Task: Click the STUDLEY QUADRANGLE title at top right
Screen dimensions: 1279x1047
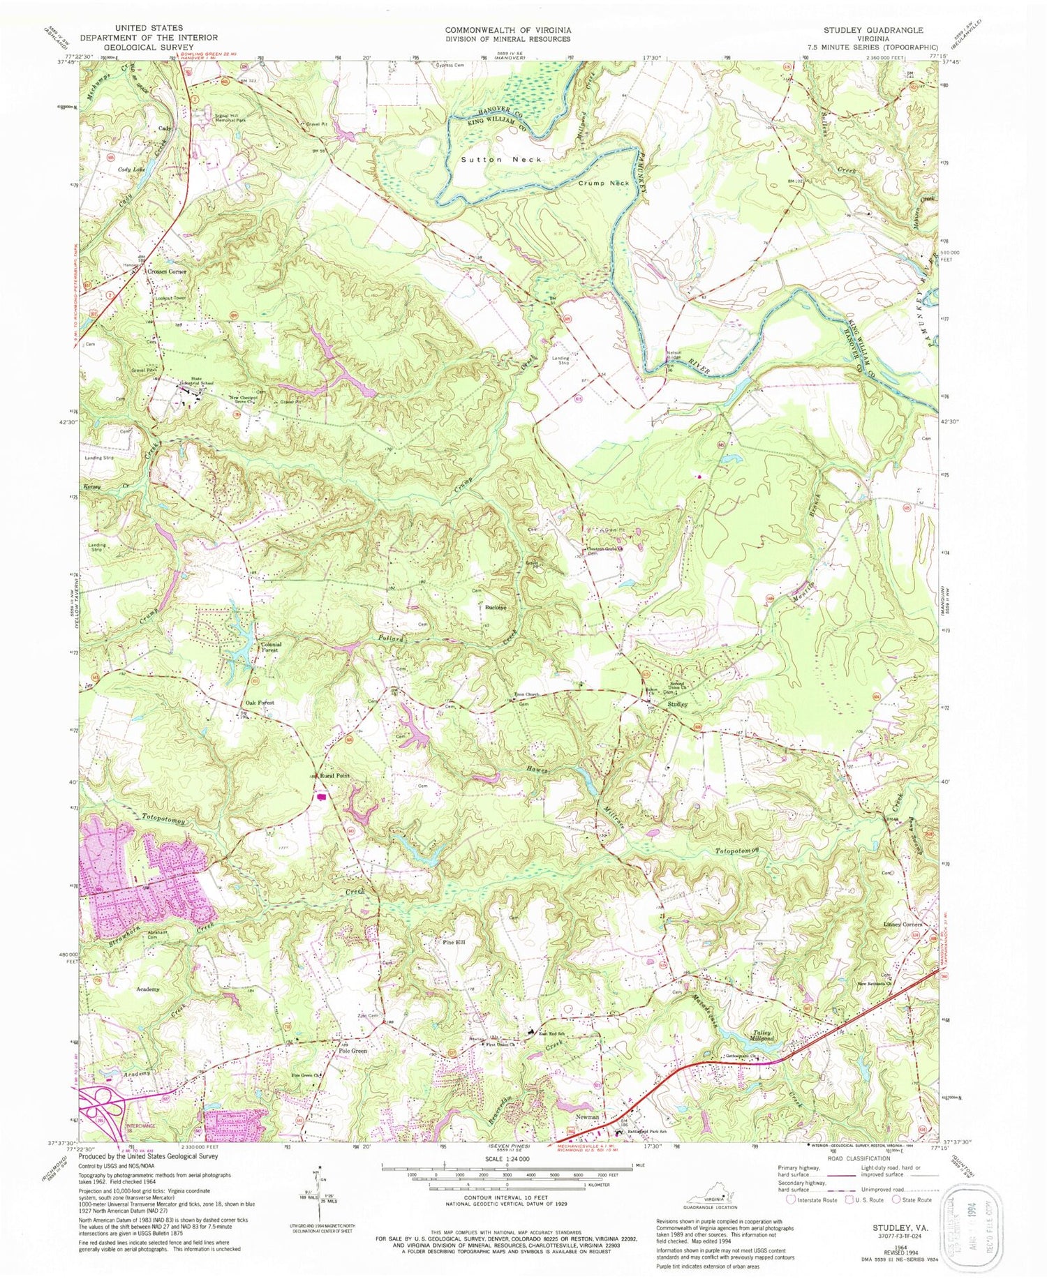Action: [x=872, y=30]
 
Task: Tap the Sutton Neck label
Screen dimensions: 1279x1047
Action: [x=501, y=160]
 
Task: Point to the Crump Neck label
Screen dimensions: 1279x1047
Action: [x=604, y=183]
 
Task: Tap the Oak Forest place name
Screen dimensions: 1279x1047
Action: [x=260, y=703]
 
